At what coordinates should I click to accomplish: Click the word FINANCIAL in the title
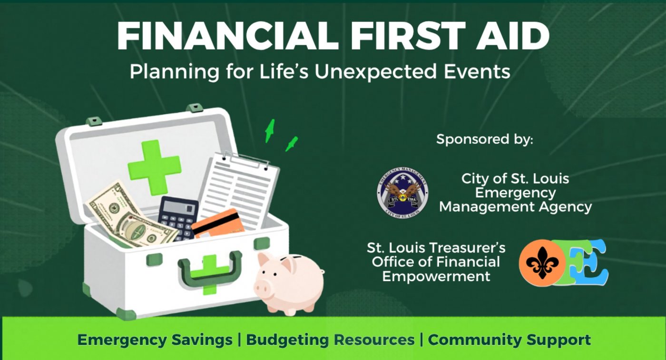228,36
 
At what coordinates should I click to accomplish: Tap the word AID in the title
512,36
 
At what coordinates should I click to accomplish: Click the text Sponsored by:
485,139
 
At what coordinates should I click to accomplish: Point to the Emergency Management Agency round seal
402,193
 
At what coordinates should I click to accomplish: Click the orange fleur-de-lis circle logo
542,263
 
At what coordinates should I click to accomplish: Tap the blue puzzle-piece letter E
590,262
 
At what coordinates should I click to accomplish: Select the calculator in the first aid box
178,218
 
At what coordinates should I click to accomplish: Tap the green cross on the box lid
154,168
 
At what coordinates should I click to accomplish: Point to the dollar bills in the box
131,216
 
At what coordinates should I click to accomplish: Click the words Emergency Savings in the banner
155,340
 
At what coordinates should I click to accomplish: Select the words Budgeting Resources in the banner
330,340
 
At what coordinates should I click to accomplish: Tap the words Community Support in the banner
509,340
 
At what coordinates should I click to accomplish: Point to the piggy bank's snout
262,288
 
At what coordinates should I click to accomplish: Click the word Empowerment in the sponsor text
436,276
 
